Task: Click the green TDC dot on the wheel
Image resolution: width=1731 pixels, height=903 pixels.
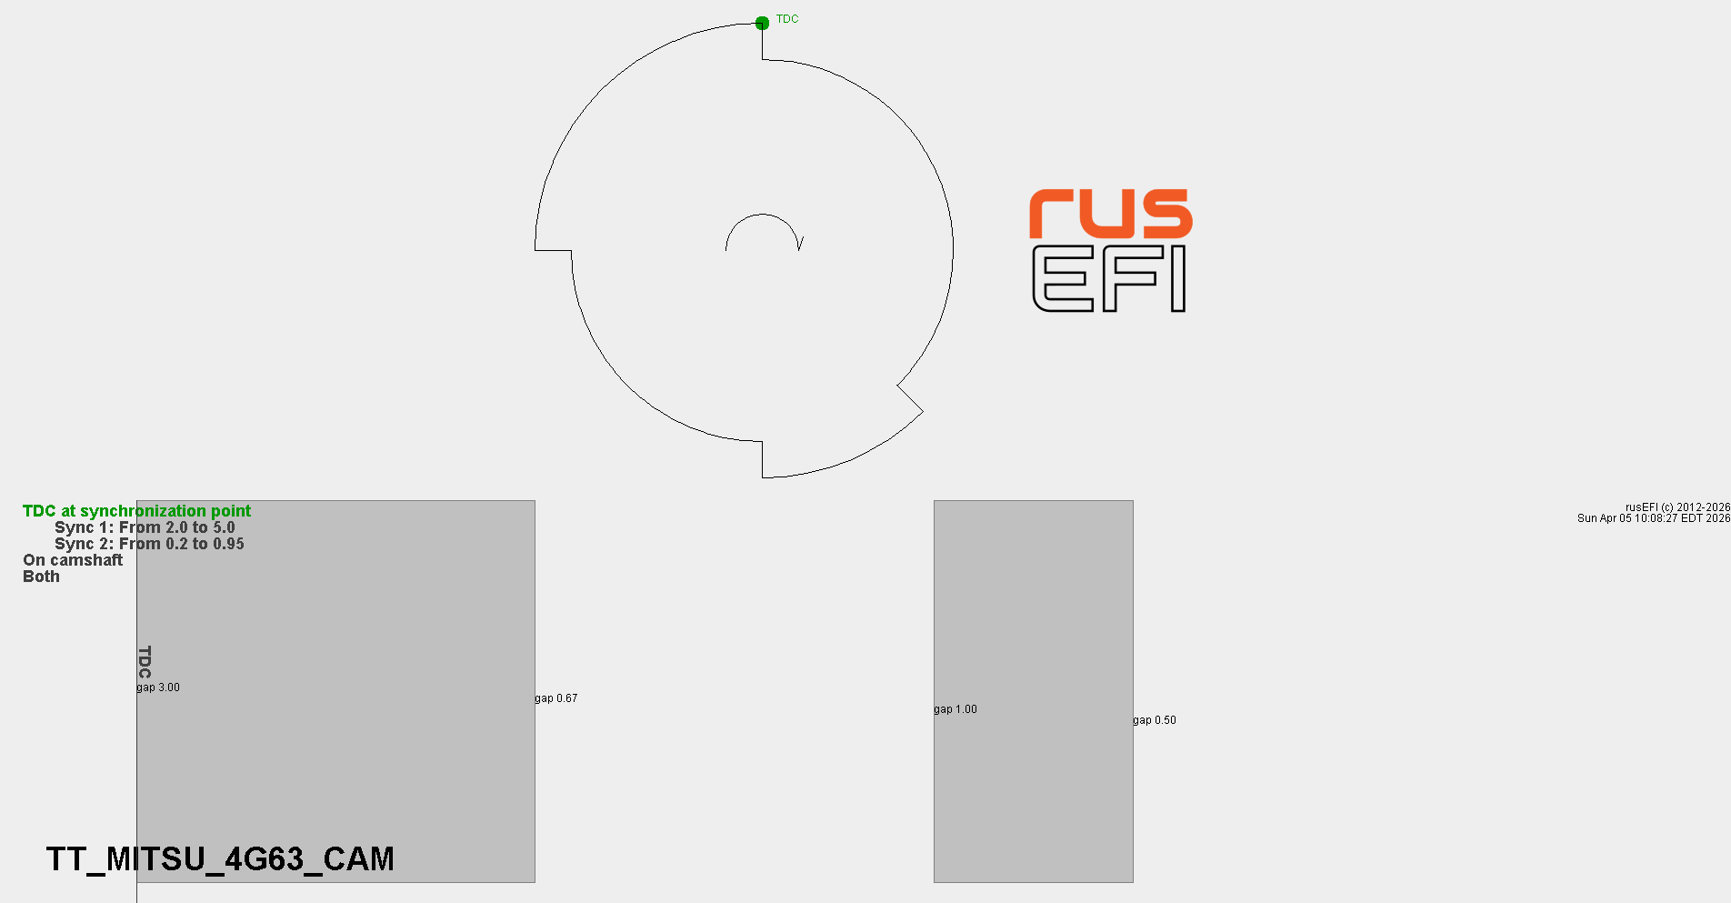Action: coord(762,23)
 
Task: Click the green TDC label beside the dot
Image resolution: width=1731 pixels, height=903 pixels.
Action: coord(787,19)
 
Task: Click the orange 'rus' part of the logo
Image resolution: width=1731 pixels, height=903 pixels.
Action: coord(1110,214)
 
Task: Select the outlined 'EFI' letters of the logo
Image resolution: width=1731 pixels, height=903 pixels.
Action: coord(1109,278)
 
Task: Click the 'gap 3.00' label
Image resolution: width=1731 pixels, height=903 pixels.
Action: coord(158,687)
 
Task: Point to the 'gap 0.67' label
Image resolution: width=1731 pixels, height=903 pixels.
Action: coord(555,698)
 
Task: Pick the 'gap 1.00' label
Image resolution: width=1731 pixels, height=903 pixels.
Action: coord(956,709)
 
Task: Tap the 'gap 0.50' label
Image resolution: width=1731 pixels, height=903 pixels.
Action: coord(1155,720)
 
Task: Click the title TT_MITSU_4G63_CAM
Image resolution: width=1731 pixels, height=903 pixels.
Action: coord(220,859)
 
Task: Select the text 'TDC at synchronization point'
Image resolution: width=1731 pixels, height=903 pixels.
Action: coord(136,511)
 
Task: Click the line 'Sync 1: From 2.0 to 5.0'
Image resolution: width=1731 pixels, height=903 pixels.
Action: coord(145,527)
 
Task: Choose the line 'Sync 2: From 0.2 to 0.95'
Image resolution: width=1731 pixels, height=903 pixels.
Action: coord(149,544)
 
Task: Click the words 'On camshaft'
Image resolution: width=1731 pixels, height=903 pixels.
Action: coord(73,560)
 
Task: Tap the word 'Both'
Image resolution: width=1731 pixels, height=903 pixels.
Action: coord(41,577)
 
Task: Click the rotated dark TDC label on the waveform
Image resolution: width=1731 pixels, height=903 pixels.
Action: coord(145,662)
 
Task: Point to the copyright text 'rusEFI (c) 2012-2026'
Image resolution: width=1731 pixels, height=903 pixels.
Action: coord(1677,507)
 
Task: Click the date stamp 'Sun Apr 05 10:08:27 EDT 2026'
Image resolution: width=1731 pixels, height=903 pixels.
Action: coord(1654,518)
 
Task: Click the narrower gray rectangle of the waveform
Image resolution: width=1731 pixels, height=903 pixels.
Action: coord(1034,691)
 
